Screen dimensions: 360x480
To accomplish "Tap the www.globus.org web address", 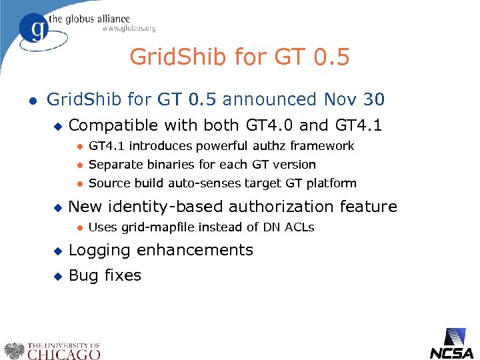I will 129,29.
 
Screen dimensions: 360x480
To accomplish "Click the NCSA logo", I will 451,344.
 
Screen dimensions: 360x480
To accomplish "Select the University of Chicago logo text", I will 63,351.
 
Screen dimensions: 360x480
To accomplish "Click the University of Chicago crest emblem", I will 13,351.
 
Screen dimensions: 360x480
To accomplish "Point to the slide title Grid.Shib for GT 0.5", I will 239,57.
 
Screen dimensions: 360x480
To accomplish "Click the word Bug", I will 83,275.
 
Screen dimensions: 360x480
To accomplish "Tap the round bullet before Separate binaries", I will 79,165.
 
